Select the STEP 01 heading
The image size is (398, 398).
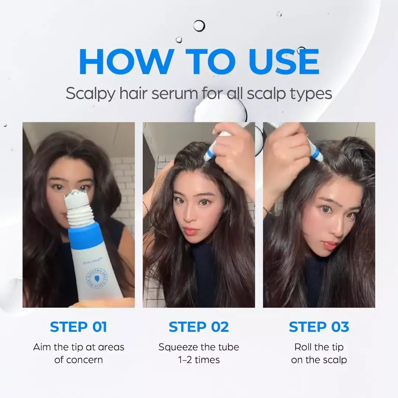tap(78, 327)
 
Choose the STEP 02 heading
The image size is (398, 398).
tap(199, 327)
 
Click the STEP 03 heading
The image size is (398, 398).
tap(319, 327)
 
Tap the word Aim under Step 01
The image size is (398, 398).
tap(41, 347)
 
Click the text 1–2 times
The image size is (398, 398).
tap(199, 360)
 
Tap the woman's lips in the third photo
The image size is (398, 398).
tap(329, 245)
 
